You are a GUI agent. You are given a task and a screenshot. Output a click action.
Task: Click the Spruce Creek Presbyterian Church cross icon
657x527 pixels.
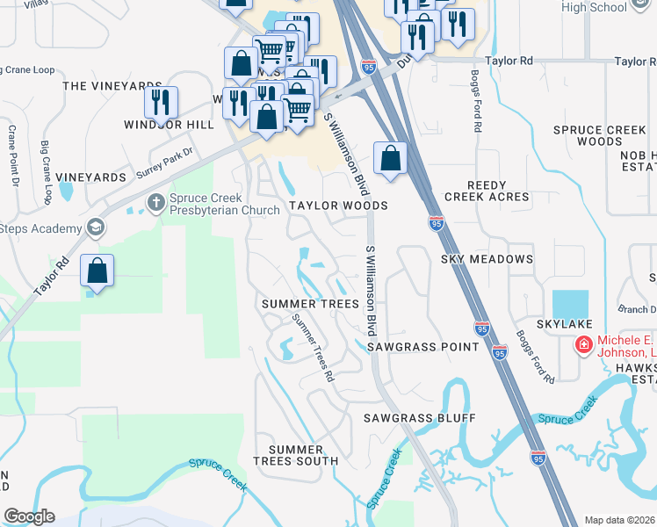156,204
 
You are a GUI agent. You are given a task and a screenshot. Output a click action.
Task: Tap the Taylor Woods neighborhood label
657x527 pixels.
338,206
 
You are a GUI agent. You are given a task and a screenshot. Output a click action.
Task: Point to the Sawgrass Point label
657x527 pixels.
423,347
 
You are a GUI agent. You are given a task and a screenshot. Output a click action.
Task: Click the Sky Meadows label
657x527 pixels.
487,259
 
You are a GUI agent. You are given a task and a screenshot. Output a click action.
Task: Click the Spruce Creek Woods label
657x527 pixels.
600,135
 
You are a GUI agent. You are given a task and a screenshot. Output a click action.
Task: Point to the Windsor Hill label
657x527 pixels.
182,125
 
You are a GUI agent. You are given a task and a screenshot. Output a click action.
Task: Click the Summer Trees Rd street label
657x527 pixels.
314,348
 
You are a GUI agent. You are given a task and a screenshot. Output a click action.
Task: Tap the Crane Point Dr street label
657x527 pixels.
13,156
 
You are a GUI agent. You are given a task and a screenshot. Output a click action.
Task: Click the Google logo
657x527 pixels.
29,516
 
